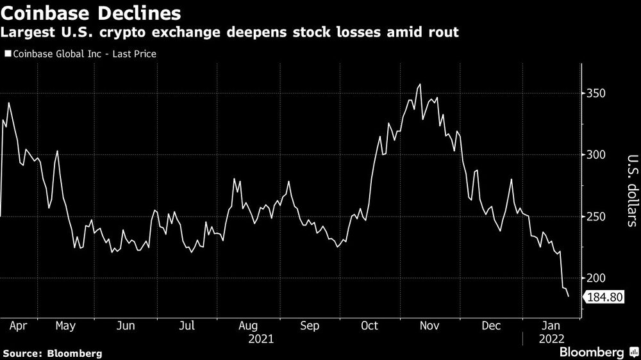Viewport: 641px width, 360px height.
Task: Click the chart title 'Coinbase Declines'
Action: click(89, 12)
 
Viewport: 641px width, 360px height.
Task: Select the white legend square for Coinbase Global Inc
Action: click(7, 54)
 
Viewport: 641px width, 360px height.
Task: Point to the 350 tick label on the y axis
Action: click(597, 94)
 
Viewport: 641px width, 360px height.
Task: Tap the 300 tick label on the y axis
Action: click(597, 156)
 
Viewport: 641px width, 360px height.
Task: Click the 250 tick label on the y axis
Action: click(597, 217)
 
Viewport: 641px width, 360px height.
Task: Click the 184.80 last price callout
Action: click(602, 297)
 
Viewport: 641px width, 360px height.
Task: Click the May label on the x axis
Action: click(66, 326)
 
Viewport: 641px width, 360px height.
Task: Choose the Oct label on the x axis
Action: click(370, 326)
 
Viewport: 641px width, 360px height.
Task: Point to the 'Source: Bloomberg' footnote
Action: click(53, 353)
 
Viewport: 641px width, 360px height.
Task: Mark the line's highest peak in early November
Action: click(420, 85)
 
